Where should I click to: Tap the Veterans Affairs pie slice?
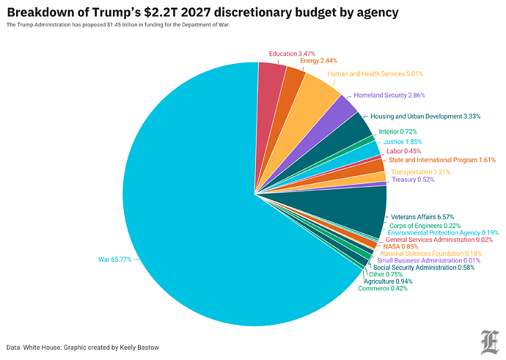pyautogui.click(x=359, y=209)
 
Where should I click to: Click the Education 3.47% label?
pyautogui.click(x=293, y=54)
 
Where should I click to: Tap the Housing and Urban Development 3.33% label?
pyautogui.click(x=426, y=116)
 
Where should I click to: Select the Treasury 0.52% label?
pyautogui.click(x=412, y=180)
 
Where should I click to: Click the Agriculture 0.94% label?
pyautogui.click(x=388, y=282)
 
